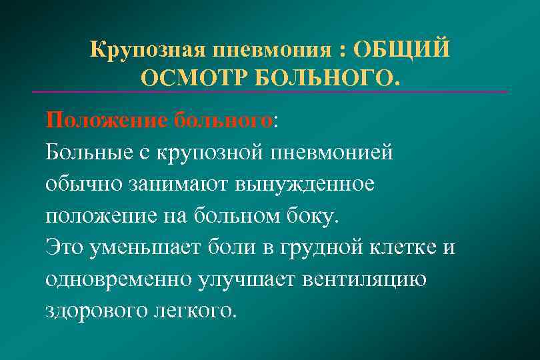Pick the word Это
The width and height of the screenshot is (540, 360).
pyautogui.click(x=65, y=247)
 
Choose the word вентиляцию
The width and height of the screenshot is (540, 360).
pyautogui.click(x=365, y=278)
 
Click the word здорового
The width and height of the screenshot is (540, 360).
pyautogui.click(x=92, y=310)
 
